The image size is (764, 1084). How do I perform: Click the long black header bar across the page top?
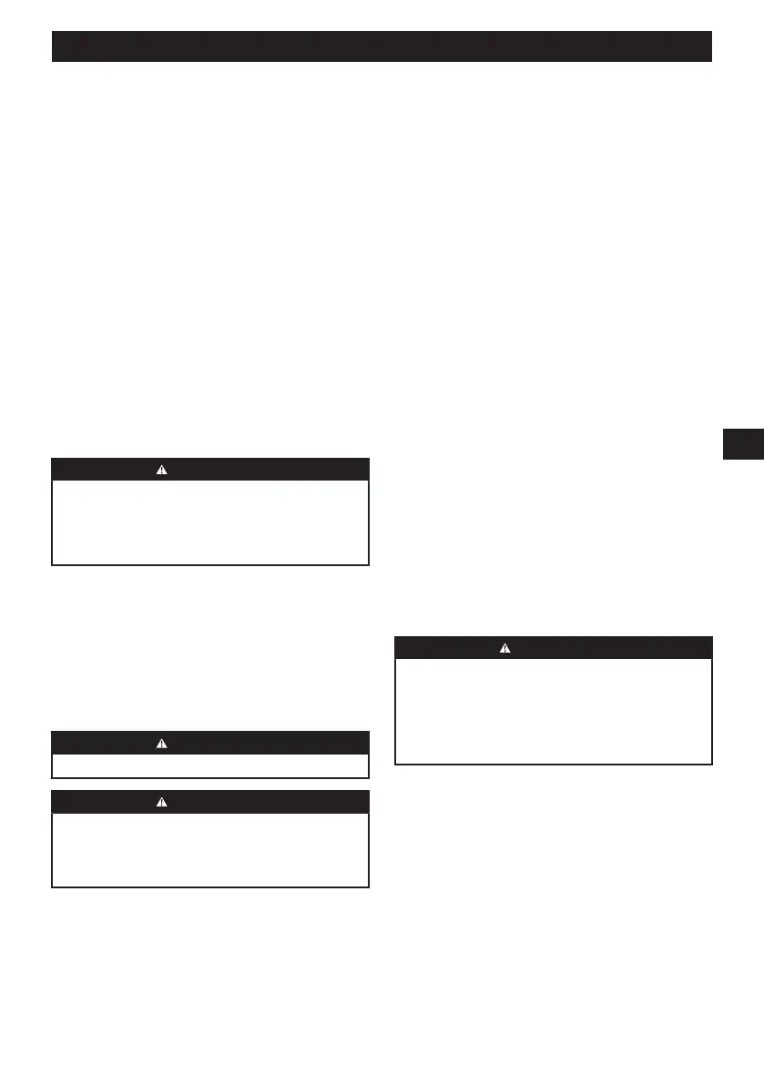382,46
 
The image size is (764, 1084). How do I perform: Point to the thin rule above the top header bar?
382,18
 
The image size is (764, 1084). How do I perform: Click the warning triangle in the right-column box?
506,648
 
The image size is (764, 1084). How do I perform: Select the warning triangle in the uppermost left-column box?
161,470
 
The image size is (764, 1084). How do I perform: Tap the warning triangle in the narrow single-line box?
161,743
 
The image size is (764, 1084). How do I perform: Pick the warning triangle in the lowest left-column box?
161,801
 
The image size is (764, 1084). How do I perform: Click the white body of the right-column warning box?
553,710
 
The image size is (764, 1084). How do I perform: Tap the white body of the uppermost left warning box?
210,522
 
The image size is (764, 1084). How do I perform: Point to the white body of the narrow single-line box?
210,765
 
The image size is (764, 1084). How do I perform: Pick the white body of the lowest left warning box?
210,848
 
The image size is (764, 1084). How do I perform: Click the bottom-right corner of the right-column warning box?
711,764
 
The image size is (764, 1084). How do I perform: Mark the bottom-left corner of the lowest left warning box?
53,886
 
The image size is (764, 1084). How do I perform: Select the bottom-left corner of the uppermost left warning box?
53,565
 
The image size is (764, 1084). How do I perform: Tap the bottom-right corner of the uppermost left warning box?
369,565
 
